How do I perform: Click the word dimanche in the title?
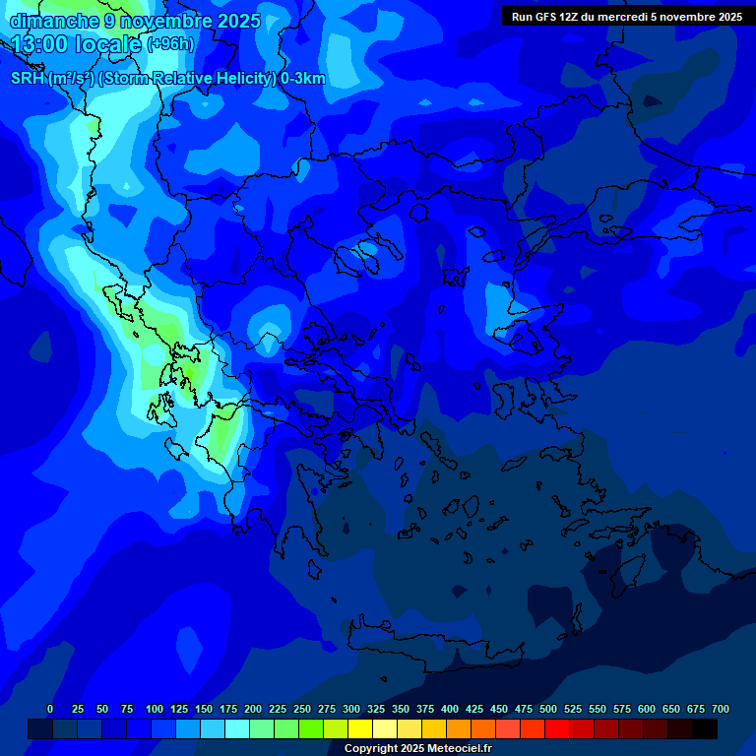[54, 21]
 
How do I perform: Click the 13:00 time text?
[40, 44]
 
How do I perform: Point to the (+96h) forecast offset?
[170, 44]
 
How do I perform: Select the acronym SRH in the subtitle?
[27, 79]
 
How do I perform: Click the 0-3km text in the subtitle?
[303, 79]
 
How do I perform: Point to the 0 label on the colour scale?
[50, 709]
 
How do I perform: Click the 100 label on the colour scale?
[155, 709]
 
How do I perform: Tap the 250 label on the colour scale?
[302, 709]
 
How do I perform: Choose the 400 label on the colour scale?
[450, 709]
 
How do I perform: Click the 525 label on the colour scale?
[573, 709]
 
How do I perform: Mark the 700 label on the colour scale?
[721, 709]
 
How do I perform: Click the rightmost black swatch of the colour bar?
[704, 728]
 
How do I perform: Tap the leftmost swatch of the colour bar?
[40, 728]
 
